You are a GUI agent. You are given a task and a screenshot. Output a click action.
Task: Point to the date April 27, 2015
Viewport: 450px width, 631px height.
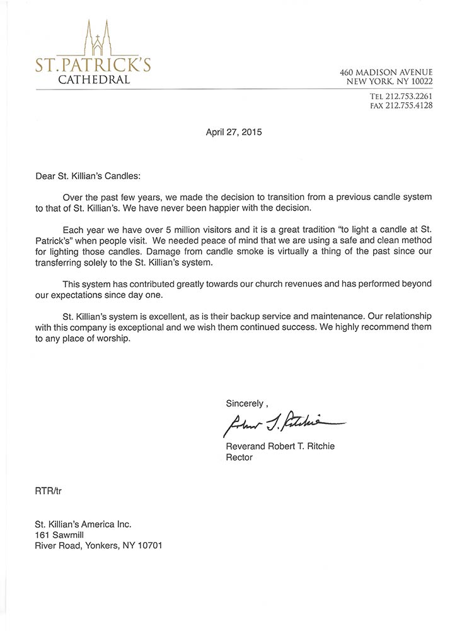click(234, 133)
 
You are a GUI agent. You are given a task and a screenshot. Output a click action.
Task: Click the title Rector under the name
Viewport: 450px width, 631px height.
click(239, 457)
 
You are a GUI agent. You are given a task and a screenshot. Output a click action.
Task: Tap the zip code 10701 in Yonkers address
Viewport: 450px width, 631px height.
click(150, 545)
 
